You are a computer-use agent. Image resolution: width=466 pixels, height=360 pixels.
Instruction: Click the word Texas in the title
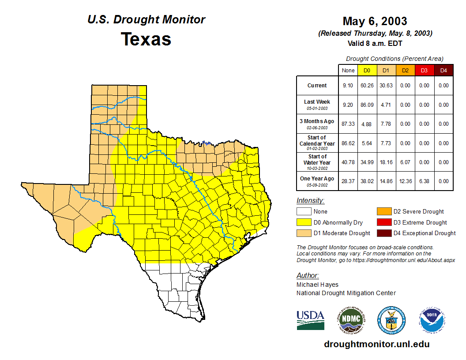pos(146,39)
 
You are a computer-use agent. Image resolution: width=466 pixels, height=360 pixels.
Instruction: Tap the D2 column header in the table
pos(405,70)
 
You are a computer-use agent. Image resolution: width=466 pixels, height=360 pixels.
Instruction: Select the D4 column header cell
pos(443,70)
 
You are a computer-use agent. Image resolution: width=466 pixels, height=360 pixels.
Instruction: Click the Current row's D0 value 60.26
pos(367,86)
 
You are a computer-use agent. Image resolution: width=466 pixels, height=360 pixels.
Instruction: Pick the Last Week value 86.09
pos(367,105)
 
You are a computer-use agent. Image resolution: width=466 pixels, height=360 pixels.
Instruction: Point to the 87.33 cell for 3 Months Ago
pos(348,124)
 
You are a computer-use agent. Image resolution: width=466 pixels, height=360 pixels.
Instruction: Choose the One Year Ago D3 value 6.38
pos(424,181)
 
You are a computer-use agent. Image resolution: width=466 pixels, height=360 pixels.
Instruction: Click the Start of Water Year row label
pos(317,162)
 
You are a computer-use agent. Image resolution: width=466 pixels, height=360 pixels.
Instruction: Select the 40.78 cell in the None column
pos(348,162)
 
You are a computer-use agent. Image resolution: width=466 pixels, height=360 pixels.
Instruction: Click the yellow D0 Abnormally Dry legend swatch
pos(304,222)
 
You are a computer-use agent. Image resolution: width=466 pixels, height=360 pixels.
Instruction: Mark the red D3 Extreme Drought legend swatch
pos(383,222)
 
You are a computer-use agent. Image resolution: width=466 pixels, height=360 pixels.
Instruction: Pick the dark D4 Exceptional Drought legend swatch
pos(383,233)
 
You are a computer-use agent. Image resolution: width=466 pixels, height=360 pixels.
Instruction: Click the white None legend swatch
pos(304,212)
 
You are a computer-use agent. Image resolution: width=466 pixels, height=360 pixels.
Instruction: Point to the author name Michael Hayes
pos(317,285)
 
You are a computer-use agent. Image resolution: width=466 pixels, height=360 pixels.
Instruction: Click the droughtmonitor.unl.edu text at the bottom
pos(376,344)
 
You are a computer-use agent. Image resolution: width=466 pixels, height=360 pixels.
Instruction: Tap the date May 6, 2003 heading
pos(375,21)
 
